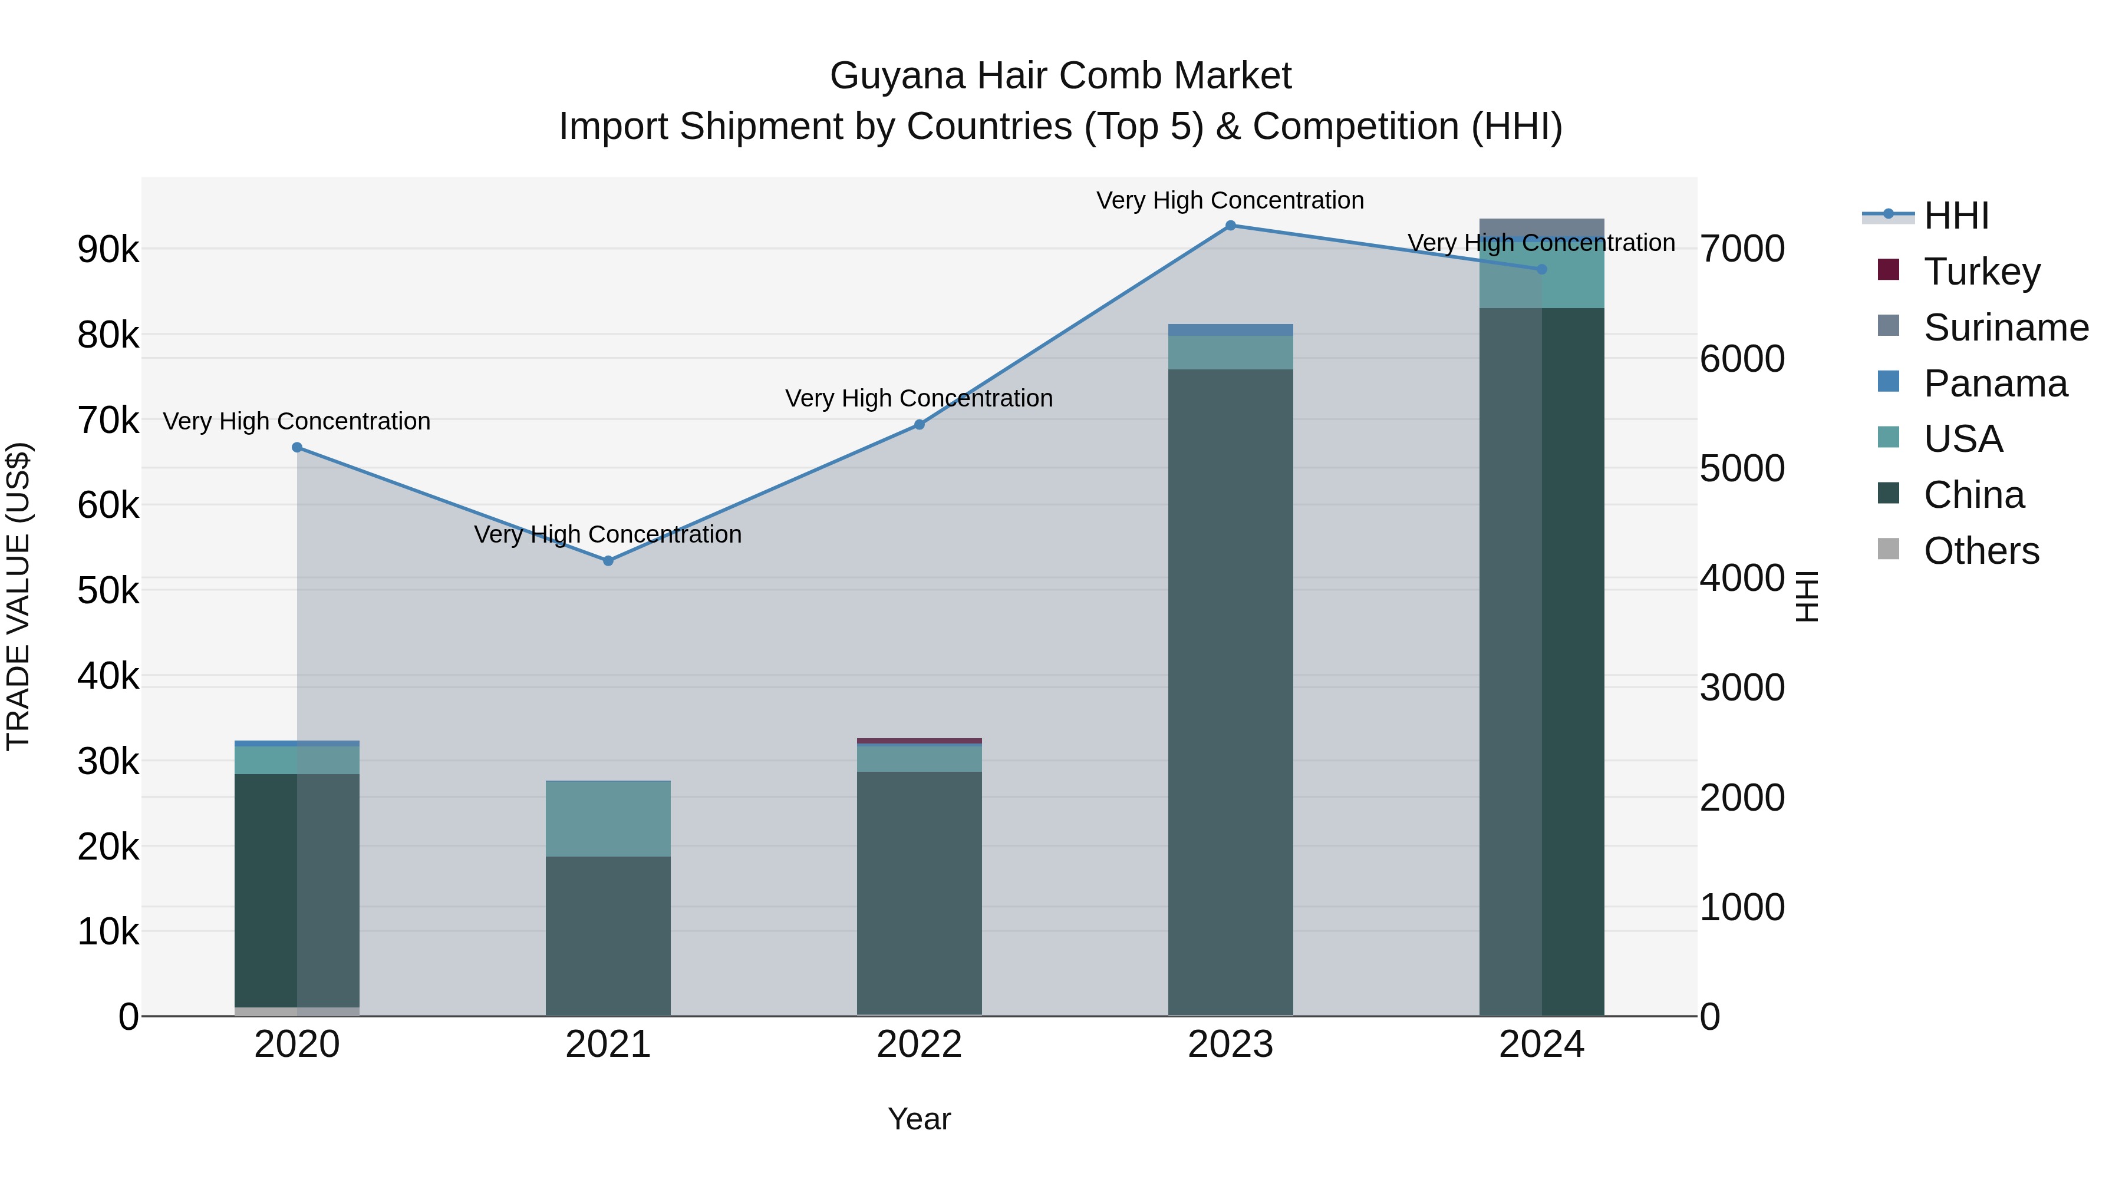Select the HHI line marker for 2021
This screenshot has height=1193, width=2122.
click(608, 561)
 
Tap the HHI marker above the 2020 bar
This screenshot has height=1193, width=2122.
click(298, 447)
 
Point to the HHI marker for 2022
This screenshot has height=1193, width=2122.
click(920, 424)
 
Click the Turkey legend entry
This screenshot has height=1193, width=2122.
click(1982, 271)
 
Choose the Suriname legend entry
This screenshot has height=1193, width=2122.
click(2005, 327)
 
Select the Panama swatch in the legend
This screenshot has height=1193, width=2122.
click(1888, 382)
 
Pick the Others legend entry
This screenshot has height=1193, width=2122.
click(1981, 550)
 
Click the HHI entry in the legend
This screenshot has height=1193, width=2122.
click(1956, 216)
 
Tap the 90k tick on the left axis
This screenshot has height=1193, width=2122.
click(108, 249)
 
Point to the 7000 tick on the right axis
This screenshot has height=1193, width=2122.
click(1741, 249)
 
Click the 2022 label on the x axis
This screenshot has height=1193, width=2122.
click(920, 1045)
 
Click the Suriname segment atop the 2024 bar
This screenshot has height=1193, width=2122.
click(1541, 227)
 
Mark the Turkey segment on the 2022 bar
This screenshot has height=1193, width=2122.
click(920, 741)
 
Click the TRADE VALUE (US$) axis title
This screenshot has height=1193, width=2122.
click(18, 596)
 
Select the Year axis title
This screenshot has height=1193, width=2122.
click(920, 1119)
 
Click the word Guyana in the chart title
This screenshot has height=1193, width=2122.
click(897, 76)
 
